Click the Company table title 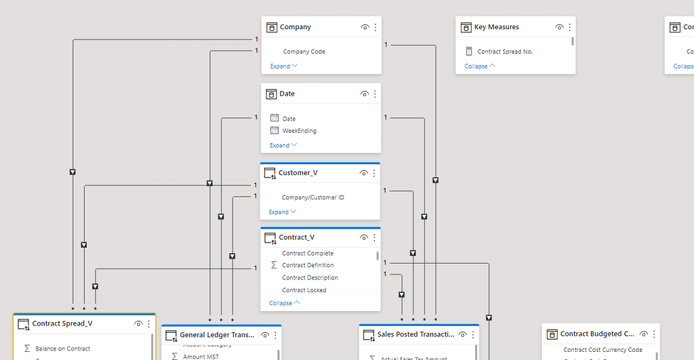click(295, 27)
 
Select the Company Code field click(304, 52)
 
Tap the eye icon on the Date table click(365, 94)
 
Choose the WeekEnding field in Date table click(299, 131)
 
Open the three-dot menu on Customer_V click(375, 173)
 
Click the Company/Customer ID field click(312, 198)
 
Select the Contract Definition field click(308, 266)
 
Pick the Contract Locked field click(304, 290)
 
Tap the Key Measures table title click(496, 27)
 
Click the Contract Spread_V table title click(62, 324)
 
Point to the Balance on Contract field click(62, 348)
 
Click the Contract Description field click(310, 278)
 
